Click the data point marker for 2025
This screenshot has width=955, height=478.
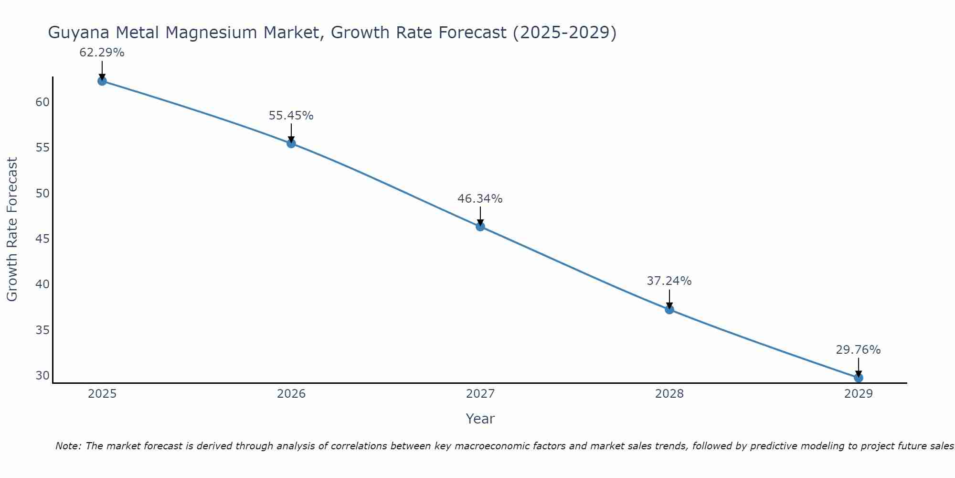pos(102,81)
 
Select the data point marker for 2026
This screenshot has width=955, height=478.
pos(291,143)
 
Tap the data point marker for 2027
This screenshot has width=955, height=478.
pos(480,226)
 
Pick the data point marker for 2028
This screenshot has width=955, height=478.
pos(669,309)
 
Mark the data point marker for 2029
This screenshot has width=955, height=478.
pos(858,378)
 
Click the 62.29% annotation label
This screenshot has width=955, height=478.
pos(102,53)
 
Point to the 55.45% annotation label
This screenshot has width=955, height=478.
pos(291,115)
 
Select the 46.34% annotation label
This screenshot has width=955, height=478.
pos(480,198)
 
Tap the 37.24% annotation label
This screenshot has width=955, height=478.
pos(669,281)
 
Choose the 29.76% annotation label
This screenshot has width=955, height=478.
pos(858,349)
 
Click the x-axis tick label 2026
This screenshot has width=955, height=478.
pos(291,394)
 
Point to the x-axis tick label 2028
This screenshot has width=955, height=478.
pos(669,394)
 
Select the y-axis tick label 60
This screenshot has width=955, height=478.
pos(42,102)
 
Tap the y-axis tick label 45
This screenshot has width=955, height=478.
pos(42,239)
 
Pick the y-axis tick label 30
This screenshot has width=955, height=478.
pos(42,375)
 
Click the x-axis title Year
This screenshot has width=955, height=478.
pos(480,419)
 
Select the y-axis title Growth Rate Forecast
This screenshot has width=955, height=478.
pos(12,229)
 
